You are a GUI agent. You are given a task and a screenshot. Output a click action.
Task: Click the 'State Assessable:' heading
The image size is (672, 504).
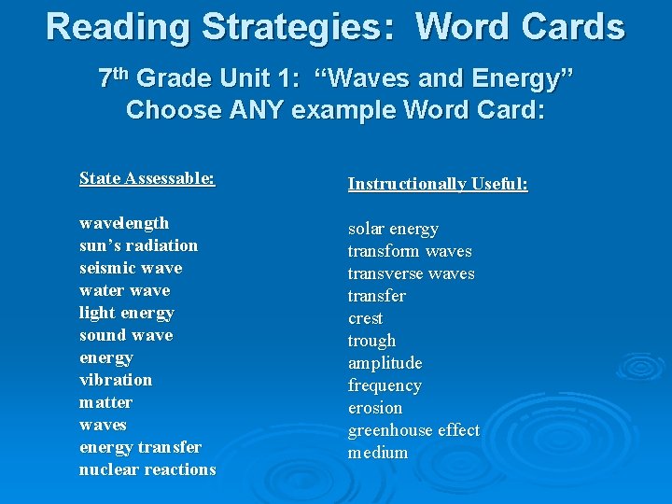pyautogui.click(x=147, y=178)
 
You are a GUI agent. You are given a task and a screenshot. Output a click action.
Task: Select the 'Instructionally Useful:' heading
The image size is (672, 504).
pyautogui.click(x=438, y=184)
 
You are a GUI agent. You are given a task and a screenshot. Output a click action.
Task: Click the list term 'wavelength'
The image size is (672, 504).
pyautogui.click(x=124, y=223)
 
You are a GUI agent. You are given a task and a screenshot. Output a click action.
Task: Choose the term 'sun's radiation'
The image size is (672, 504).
pyautogui.click(x=138, y=245)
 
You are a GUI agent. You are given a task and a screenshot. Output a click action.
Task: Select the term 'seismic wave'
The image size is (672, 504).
pyautogui.click(x=131, y=268)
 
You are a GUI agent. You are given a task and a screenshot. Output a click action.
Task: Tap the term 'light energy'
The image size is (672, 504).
pyautogui.click(x=126, y=313)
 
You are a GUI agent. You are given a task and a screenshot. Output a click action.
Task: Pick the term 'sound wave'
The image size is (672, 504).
pyautogui.click(x=126, y=335)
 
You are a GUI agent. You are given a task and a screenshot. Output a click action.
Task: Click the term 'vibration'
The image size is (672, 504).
pyautogui.click(x=116, y=380)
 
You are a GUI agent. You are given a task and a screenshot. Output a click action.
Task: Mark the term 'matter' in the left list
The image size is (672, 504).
pyautogui.click(x=105, y=402)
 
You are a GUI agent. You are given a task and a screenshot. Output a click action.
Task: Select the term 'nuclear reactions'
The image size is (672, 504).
pyautogui.click(x=147, y=469)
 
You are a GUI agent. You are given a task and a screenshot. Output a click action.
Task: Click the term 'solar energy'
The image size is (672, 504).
pyautogui.click(x=393, y=229)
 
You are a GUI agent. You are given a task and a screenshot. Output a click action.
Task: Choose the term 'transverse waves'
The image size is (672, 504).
pyautogui.click(x=411, y=273)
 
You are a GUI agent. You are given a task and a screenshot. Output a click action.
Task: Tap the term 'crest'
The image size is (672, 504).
pyautogui.click(x=365, y=318)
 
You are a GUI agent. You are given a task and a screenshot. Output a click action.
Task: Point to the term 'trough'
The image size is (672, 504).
pyautogui.click(x=371, y=341)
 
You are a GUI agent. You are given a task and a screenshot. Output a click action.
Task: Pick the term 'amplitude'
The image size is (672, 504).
pyautogui.click(x=385, y=363)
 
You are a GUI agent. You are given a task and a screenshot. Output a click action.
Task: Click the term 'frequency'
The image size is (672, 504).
pyautogui.click(x=385, y=385)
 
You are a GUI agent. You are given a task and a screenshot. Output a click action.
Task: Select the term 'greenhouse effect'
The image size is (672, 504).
pyautogui.click(x=413, y=430)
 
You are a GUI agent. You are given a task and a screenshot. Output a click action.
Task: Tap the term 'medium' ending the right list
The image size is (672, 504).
pyautogui.click(x=378, y=453)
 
